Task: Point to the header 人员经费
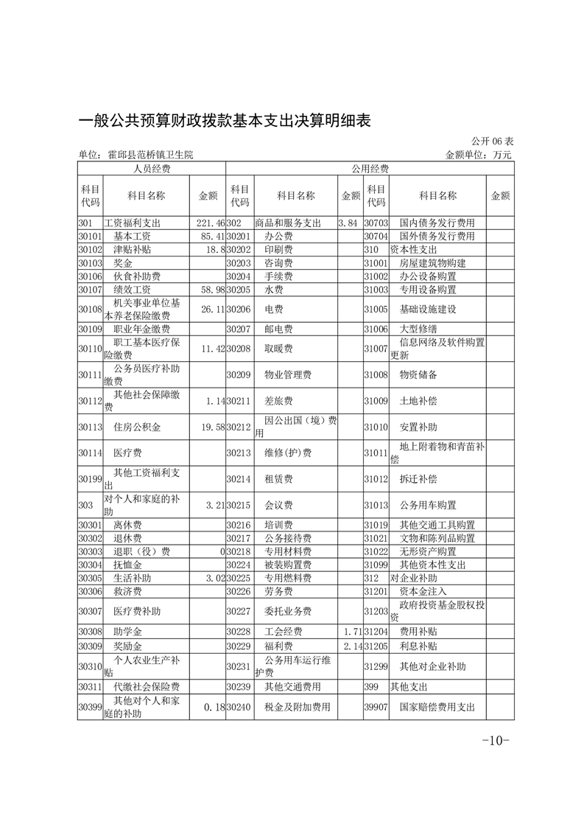(152, 169)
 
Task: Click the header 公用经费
(370, 169)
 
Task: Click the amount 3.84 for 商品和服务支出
(348, 222)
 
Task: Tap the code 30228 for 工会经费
(239, 632)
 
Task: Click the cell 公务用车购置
(428, 505)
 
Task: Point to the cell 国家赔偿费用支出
(437, 707)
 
